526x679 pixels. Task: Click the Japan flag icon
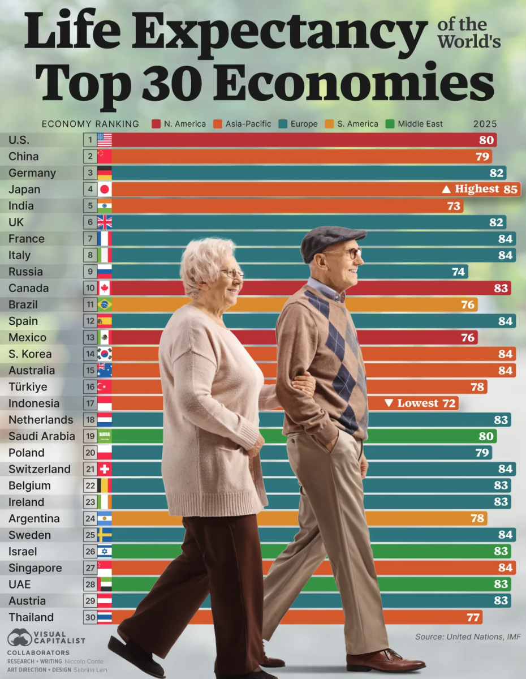pyautogui.click(x=105, y=190)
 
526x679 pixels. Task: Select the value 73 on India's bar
pyautogui.click(x=454, y=206)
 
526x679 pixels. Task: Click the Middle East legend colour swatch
pyautogui.click(x=389, y=124)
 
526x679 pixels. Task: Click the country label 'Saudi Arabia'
pyautogui.click(x=41, y=436)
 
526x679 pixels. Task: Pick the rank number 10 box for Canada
pyautogui.click(x=90, y=288)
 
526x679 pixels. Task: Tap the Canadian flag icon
pyautogui.click(x=105, y=288)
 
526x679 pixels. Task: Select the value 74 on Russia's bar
pyautogui.click(x=458, y=272)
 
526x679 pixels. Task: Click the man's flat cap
pyautogui.click(x=332, y=239)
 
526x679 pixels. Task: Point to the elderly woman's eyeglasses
pyautogui.click(x=232, y=273)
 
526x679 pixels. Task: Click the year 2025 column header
pyautogui.click(x=485, y=124)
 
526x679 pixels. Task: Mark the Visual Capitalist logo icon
pyautogui.click(x=19, y=638)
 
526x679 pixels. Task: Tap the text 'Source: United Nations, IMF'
pyautogui.click(x=468, y=637)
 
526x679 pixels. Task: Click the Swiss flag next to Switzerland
pyautogui.click(x=105, y=469)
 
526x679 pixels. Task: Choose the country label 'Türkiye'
pyautogui.click(x=28, y=387)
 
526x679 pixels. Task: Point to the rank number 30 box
pyautogui.click(x=90, y=617)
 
